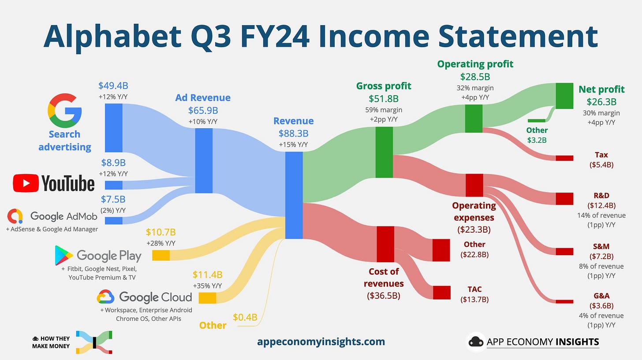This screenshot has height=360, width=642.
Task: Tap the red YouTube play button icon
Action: click(x=25, y=183)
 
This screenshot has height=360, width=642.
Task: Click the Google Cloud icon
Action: click(x=105, y=297)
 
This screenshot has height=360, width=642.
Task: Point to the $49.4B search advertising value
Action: click(x=113, y=85)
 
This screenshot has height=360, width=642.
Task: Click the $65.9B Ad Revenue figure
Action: click(x=203, y=110)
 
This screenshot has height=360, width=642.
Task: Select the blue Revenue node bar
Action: click(x=294, y=195)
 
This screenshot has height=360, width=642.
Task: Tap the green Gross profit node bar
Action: click(x=384, y=152)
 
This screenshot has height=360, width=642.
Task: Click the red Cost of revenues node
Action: click(x=385, y=244)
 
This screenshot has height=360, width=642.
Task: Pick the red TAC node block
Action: click(x=441, y=293)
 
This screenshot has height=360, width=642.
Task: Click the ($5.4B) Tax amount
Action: click(x=601, y=165)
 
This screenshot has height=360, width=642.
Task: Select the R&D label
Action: click(x=601, y=195)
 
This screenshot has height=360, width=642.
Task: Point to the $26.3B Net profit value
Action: click(x=601, y=102)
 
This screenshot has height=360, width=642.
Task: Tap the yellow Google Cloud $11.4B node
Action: click(x=207, y=298)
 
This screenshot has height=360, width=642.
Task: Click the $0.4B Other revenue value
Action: click(x=245, y=317)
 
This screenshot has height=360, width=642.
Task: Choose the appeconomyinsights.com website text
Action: click(x=321, y=341)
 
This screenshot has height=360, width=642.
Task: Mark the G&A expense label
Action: click(x=601, y=296)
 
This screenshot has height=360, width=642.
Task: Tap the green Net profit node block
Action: click(x=564, y=96)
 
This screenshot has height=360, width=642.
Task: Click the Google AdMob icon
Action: click(x=15, y=216)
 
